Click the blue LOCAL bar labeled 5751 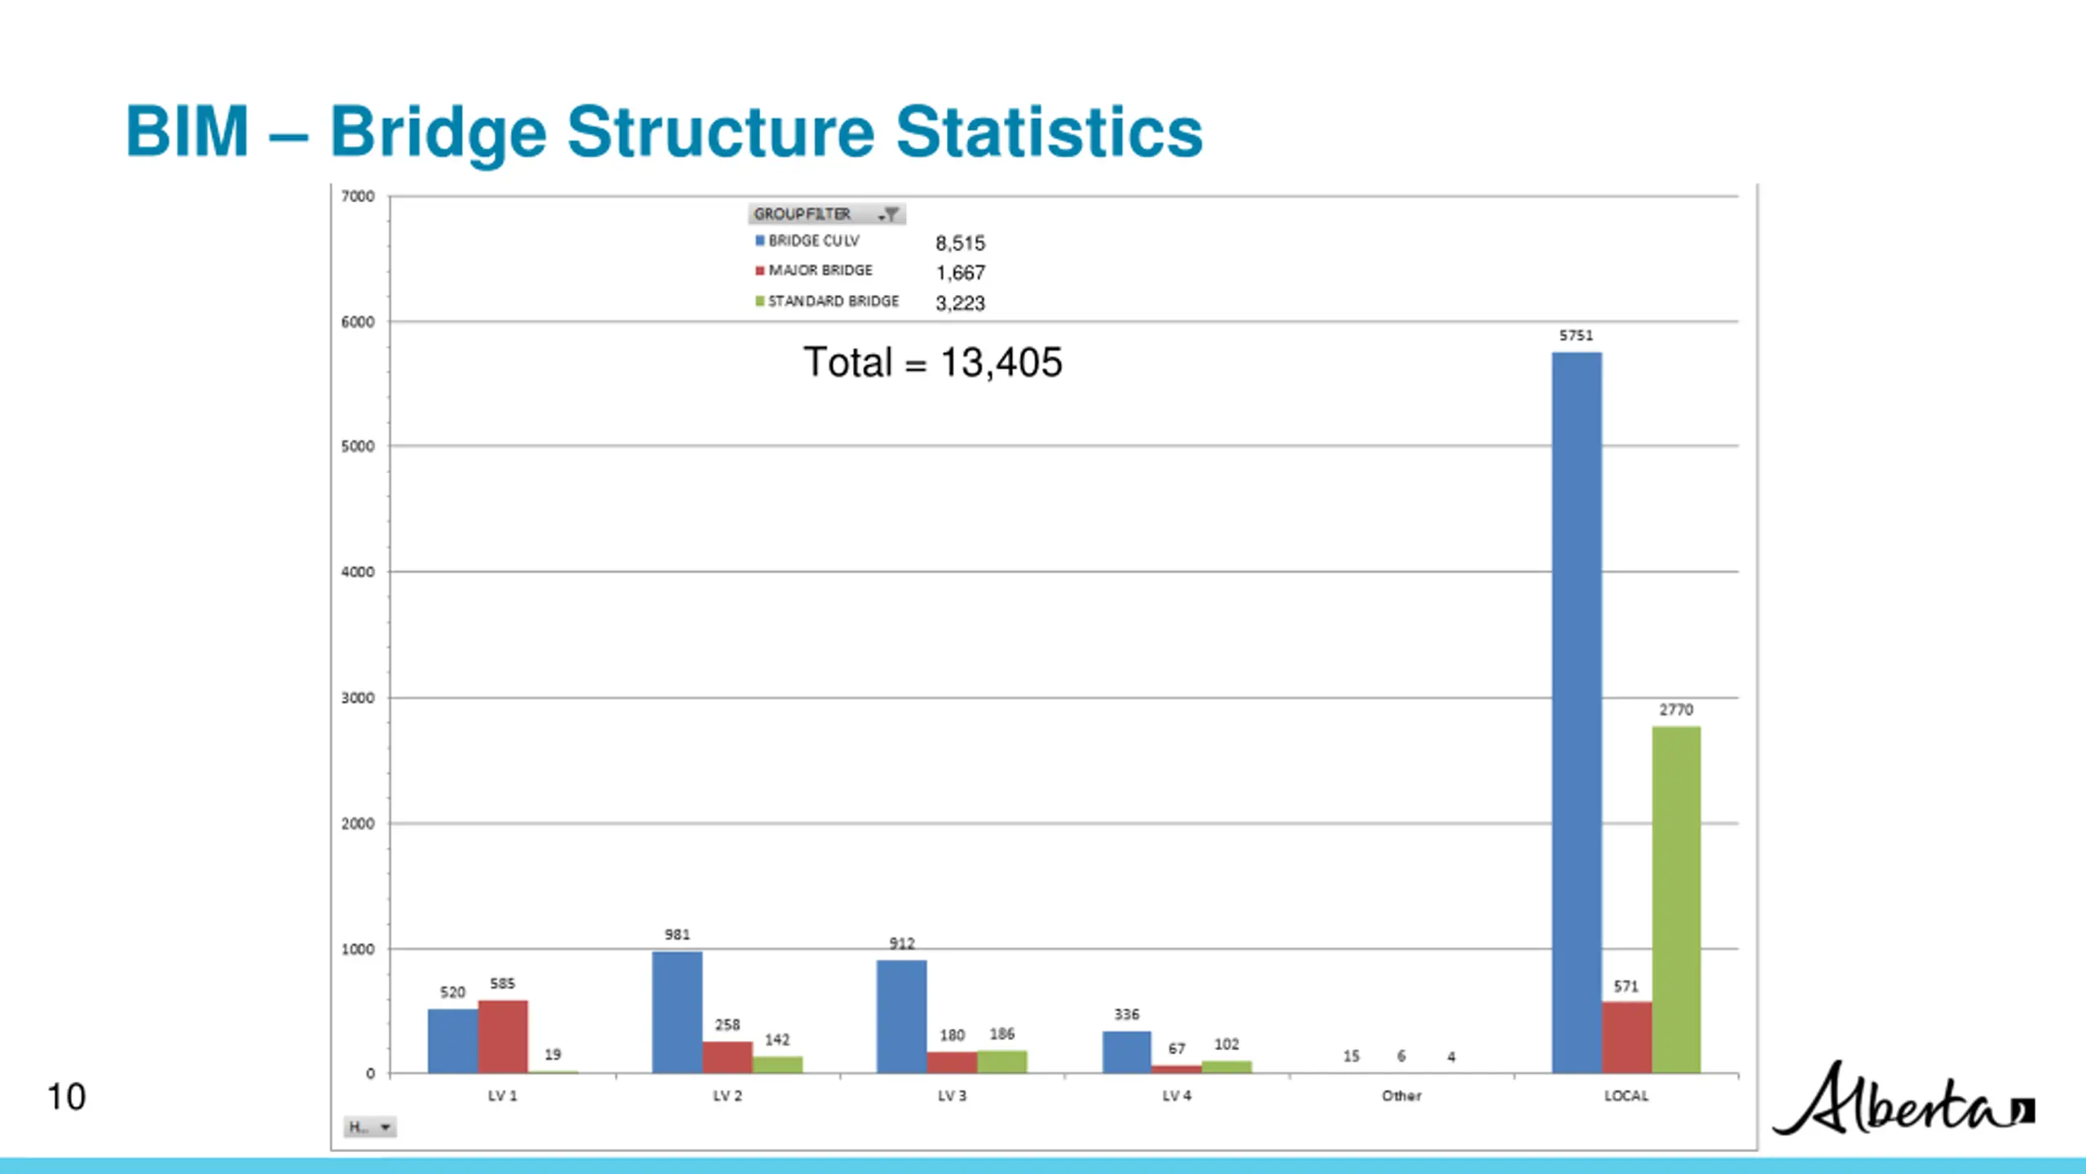(x=1576, y=713)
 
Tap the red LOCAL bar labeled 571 (x=1626, y=1037)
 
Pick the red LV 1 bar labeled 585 (x=503, y=1036)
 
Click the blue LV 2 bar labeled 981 (x=677, y=1013)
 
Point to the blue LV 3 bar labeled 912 (x=901, y=1017)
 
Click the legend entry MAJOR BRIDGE (x=820, y=271)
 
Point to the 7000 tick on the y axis (x=358, y=196)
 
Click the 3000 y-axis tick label (x=358, y=698)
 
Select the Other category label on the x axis (x=1402, y=1096)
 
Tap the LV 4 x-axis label (x=1177, y=1096)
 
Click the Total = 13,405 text (x=933, y=362)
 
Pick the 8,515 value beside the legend (x=960, y=243)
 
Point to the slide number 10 (x=66, y=1097)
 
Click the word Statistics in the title (x=1049, y=132)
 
